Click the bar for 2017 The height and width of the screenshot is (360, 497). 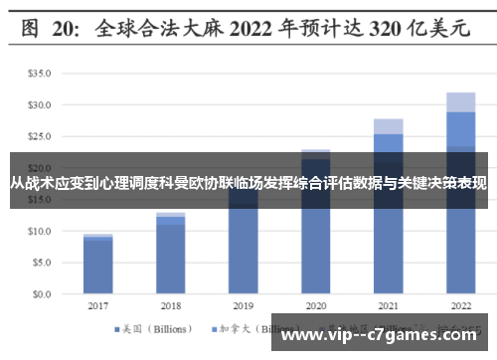(97, 265)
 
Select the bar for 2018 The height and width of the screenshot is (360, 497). (170, 255)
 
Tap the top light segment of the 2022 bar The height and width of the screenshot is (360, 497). (459, 101)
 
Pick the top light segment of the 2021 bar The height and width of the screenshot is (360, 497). (388, 126)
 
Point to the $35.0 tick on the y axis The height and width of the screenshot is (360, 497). (39, 74)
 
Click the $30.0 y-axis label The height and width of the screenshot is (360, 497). (39, 104)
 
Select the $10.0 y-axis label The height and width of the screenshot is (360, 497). (39, 231)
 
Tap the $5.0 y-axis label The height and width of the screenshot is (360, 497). (41, 263)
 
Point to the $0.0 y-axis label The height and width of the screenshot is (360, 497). (41, 294)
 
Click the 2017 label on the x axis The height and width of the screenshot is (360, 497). (97, 306)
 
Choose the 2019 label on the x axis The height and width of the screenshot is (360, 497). (243, 306)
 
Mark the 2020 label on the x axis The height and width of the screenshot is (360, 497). (315, 306)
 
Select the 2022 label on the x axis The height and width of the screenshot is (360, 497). (460, 306)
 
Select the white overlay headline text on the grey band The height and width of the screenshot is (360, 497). (248, 183)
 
